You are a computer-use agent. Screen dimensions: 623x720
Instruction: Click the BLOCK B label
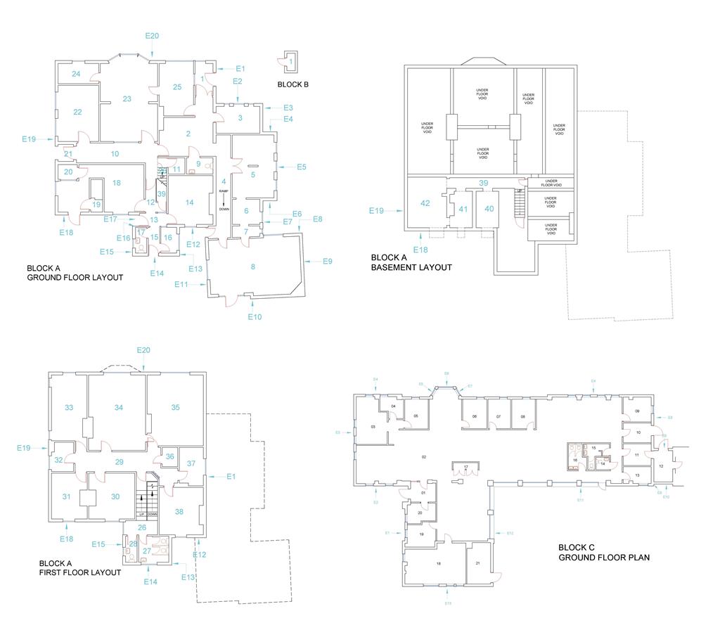pos(293,84)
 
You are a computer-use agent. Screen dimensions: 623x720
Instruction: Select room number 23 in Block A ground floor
pos(127,99)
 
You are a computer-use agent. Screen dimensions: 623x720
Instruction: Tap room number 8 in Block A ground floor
pos(253,266)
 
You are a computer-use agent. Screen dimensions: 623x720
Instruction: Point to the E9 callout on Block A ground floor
pos(327,262)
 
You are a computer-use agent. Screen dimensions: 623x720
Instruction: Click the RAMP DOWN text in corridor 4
pos(224,200)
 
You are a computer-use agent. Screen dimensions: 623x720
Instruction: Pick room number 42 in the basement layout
pos(425,203)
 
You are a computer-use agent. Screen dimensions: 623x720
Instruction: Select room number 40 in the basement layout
pos(489,208)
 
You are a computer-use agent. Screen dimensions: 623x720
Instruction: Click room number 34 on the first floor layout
pos(119,408)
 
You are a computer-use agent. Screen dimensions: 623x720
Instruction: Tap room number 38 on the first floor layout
pos(179,512)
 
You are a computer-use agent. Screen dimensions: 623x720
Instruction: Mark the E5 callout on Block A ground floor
pos(301,167)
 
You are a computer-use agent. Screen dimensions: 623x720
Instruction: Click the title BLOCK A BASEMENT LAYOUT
pos(411,262)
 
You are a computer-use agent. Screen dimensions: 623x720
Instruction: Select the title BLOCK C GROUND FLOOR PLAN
pos(604,553)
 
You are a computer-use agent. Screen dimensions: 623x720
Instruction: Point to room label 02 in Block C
pos(424,458)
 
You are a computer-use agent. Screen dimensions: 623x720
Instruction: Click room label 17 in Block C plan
pos(465,467)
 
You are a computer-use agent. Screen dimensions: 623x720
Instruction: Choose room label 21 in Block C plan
pos(477,564)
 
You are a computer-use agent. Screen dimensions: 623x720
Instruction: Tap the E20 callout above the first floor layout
pos(143,350)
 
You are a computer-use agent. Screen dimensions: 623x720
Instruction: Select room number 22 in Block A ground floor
pos(77,113)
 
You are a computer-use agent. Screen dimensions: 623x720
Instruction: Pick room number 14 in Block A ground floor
pos(189,203)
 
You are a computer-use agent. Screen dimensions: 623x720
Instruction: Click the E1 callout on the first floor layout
pos(230,477)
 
